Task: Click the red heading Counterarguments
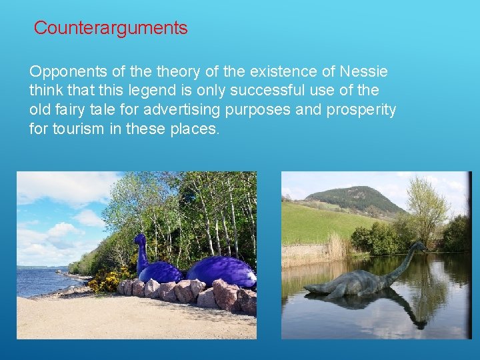111,28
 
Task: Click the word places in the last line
195,128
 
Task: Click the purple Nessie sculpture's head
140,239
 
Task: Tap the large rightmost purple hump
221,271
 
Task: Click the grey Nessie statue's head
421,247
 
